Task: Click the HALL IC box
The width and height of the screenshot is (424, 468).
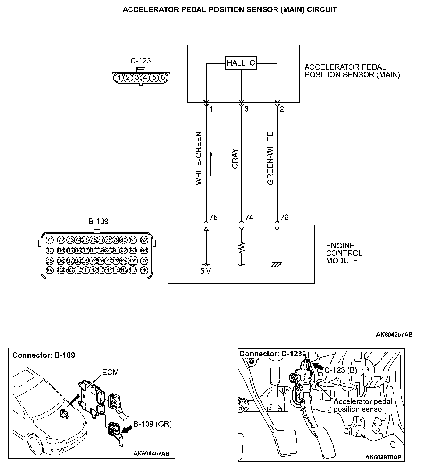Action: [241, 63]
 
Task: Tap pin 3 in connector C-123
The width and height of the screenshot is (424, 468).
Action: [137, 77]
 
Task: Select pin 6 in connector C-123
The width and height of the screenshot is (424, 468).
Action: [163, 77]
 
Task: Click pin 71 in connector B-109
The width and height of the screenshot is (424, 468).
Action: [50, 240]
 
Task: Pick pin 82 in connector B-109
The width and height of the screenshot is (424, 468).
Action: [144, 240]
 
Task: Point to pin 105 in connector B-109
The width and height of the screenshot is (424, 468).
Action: [132, 261]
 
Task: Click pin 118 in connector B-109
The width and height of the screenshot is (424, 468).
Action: [144, 270]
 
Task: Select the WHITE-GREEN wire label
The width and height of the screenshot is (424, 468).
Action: [198, 158]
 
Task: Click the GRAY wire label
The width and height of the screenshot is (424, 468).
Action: [235, 159]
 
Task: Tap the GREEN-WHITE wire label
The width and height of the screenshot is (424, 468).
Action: [270, 158]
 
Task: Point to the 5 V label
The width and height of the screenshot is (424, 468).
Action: [206, 271]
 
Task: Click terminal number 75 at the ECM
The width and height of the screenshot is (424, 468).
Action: [214, 218]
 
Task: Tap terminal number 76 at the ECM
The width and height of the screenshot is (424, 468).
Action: [284, 218]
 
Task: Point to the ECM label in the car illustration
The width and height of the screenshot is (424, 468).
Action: [110, 372]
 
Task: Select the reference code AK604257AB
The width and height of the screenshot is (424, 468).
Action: [394, 335]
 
